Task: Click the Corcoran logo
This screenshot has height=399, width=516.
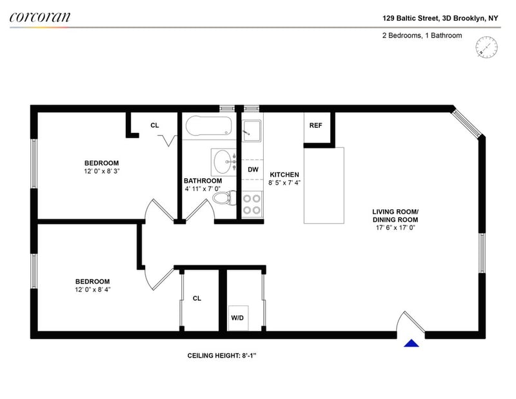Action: pyautogui.click(x=40, y=17)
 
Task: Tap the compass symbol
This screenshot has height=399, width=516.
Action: pyautogui.click(x=486, y=47)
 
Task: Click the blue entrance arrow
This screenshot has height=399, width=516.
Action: pyautogui.click(x=412, y=343)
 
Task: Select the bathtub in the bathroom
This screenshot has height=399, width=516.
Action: pyautogui.click(x=208, y=125)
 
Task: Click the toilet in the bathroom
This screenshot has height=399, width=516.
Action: pyautogui.click(x=224, y=198)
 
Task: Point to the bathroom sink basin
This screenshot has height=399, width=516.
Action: pyautogui.click(x=223, y=162)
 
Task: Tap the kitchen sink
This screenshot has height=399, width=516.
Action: pyautogui.click(x=252, y=131)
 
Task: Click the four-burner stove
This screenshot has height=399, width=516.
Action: pyautogui.click(x=252, y=204)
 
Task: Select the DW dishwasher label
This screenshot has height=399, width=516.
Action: pyautogui.click(x=253, y=169)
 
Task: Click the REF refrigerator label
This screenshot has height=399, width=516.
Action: pyautogui.click(x=315, y=125)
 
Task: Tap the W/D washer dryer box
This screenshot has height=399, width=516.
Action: pyautogui.click(x=238, y=318)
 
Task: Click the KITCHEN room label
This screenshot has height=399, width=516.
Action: pyautogui.click(x=284, y=174)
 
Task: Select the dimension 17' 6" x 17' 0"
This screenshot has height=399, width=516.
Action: pyautogui.click(x=395, y=227)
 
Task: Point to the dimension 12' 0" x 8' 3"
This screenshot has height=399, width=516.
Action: pyautogui.click(x=101, y=171)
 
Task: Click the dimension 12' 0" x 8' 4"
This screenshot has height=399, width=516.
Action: pyautogui.click(x=92, y=289)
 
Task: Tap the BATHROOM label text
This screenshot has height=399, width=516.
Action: pyautogui.click(x=203, y=181)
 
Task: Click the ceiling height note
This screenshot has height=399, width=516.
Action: pyautogui.click(x=222, y=356)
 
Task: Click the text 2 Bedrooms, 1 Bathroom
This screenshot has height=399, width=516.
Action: pyautogui.click(x=422, y=36)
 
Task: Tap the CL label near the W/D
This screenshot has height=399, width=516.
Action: pyautogui.click(x=197, y=298)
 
